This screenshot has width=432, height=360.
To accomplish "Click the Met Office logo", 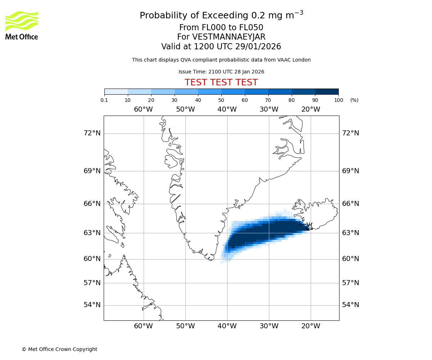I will tap(22, 25).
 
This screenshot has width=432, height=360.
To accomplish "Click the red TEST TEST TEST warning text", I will tap(221, 82).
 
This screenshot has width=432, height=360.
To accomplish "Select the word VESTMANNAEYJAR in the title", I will tap(229, 37).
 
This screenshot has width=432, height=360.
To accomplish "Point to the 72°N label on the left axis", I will tap(92, 133).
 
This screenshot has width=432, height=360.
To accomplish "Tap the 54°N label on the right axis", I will tap(350, 305).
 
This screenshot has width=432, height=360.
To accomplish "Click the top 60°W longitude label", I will tap(143, 109).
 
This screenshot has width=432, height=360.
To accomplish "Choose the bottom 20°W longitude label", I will tap(311, 326).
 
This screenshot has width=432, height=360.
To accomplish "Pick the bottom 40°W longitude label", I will tap(227, 326).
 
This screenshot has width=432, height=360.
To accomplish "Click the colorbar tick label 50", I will tap(221, 100).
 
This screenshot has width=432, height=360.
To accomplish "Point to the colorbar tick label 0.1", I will tap(104, 100).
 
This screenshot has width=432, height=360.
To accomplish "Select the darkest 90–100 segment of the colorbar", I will tap(327, 91).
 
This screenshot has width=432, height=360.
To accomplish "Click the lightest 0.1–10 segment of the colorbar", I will tap(116, 91).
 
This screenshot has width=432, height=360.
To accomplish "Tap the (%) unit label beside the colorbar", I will tap(354, 100).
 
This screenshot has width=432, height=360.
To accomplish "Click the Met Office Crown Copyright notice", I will tap(59, 349).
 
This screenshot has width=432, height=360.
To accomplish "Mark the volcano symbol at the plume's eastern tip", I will tap(309, 226).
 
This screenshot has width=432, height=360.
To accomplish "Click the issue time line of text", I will tap(221, 72).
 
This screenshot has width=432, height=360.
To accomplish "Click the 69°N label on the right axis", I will tap(350, 171).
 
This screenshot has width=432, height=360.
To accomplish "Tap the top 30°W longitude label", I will tap(269, 109).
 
